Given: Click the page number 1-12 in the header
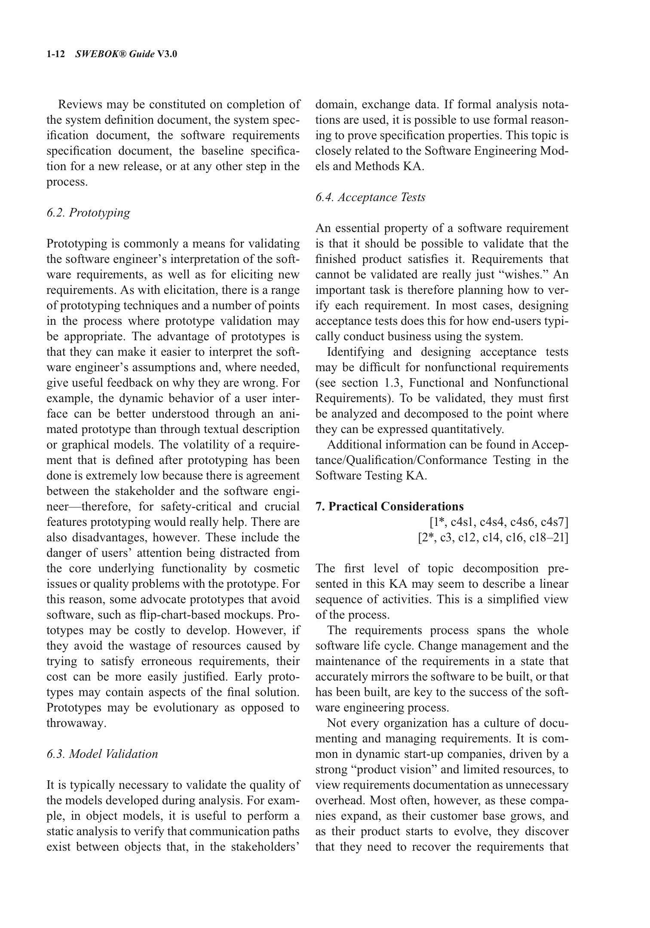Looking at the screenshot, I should point(55,54).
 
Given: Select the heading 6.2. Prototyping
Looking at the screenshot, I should point(88,213).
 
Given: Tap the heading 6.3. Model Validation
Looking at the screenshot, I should point(102,754).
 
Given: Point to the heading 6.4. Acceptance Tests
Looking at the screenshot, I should point(370,197).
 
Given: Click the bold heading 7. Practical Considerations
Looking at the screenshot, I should point(389,507).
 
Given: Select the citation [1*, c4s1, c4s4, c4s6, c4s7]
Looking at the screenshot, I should point(499,522).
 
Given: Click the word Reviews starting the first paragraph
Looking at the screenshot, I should point(80,104).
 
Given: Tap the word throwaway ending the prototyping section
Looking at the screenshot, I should point(76,723).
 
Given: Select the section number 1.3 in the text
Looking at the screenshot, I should point(385,383).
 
